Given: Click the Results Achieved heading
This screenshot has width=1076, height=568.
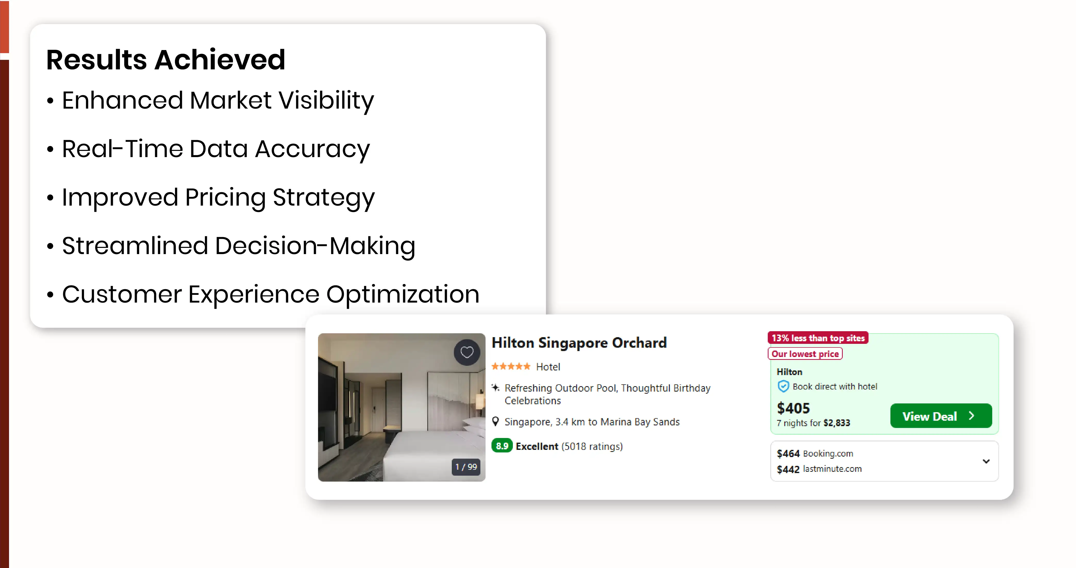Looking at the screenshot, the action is (165, 60).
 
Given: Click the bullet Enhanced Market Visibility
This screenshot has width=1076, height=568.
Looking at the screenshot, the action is (211, 101).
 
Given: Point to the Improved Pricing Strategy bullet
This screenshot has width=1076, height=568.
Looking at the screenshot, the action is (211, 198).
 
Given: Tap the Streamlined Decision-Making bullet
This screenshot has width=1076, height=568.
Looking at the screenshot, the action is (231, 246).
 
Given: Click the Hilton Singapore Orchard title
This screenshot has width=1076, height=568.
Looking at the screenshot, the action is (579, 343).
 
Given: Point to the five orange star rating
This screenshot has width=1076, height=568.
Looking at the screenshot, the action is (511, 367).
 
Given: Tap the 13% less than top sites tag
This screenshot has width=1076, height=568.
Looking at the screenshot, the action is (818, 338).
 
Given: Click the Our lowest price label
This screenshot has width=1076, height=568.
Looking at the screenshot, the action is (805, 354).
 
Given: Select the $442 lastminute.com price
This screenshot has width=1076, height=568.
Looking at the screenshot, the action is (819, 469).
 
